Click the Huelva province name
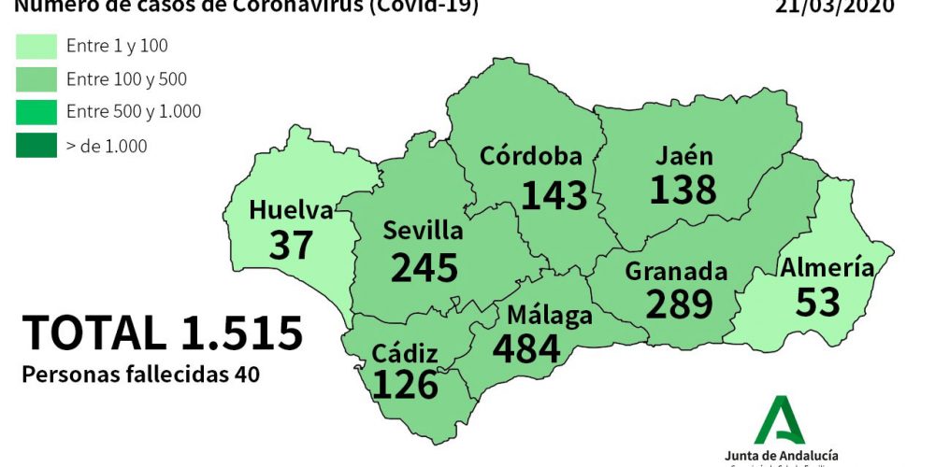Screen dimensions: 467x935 (x=291, y=211)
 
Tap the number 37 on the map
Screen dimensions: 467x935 (x=291, y=245)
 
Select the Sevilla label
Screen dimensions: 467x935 (x=424, y=231)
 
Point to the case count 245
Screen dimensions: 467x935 (x=424, y=268)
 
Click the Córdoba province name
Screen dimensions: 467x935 (x=530, y=156)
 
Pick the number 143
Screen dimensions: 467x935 (x=554, y=194)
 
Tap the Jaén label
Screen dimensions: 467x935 (x=683, y=155)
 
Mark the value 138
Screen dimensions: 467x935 (x=683, y=190)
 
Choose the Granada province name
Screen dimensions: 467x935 (x=676, y=271)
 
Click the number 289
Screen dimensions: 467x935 (x=679, y=304)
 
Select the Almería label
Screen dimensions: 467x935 (x=827, y=268)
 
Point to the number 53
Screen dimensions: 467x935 (x=819, y=302)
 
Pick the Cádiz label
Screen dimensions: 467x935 (x=404, y=353)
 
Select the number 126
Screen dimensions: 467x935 (x=405, y=384)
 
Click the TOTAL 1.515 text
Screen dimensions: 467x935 (x=163, y=333)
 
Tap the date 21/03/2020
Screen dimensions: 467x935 (x=835, y=7)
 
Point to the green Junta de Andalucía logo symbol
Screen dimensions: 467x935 (x=780, y=419)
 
